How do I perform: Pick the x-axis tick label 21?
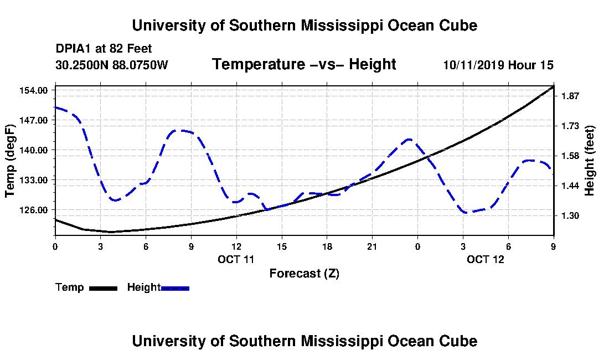click(372, 246)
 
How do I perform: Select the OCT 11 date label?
click(236, 259)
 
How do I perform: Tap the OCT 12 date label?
click(486, 259)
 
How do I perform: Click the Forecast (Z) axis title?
click(304, 274)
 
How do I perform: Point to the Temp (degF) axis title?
click(10, 161)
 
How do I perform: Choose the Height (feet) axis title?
click(590, 161)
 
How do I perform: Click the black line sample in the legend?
click(103, 288)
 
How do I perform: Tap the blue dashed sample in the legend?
click(175, 288)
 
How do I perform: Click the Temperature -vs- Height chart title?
click(304, 64)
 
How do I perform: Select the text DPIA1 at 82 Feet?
click(104, 49)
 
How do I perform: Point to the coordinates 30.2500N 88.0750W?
click(111, 65)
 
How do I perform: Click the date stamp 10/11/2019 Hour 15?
click(498, 65)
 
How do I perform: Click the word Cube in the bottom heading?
click(461, 341)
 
